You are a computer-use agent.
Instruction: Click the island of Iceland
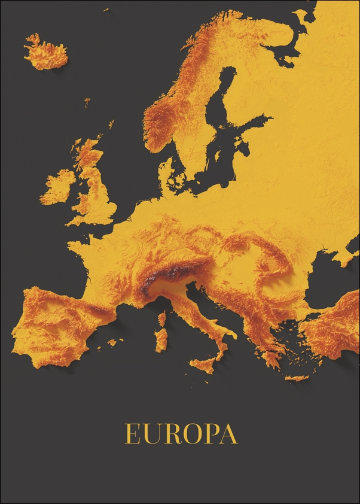pyautogui.click(x=46, y=53)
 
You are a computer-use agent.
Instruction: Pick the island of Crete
pyautogui.click(x=297, y=378)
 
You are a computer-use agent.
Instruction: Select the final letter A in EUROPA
pyautogui.click(x=228, y=434)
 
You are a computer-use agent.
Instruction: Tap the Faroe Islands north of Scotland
pyautogui.click(x=87, y=102)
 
